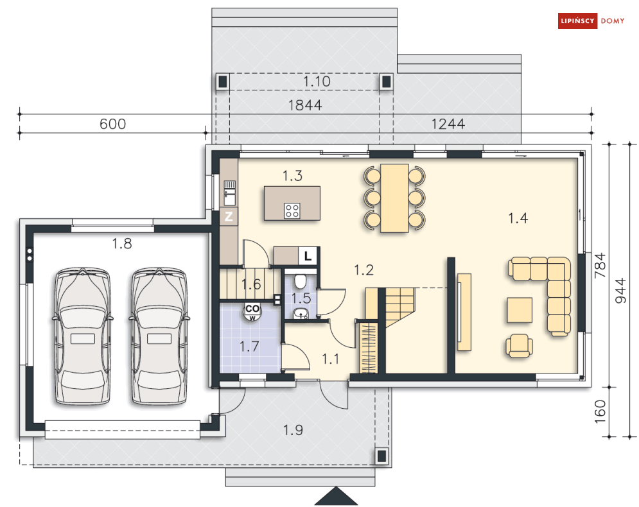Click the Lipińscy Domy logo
(591, 21)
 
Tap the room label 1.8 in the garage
(122, 243)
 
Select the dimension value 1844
(305, 105)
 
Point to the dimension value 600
(113, 124)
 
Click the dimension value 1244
(448, 124)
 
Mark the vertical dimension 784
(600, 266)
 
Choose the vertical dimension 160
(600, 411)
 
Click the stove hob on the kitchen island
(292, 211)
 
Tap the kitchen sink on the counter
(229, 193)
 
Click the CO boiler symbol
(252, 311)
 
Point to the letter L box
(308, 256)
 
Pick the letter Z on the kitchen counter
(229, 216)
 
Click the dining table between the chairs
(394, 198)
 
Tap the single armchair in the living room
(519, 346)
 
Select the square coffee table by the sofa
(520, 310)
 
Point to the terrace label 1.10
(317, 82)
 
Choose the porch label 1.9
(293, 430)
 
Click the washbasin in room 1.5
(301, 314)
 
